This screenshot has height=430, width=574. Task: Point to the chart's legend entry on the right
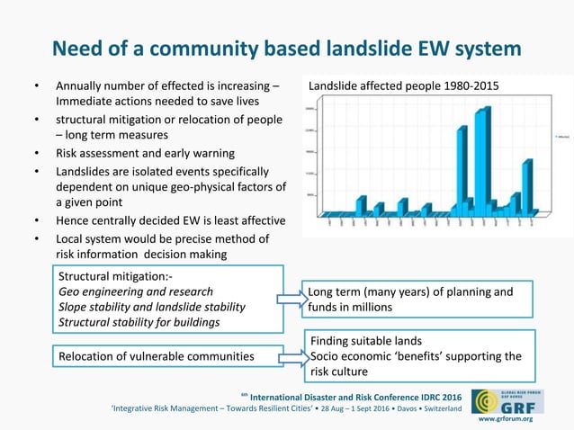[562, 137]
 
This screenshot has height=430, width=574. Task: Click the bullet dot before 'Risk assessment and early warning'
[37, 154]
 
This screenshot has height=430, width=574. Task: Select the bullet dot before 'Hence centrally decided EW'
[37, 220]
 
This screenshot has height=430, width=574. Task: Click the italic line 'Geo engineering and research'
[136, 291]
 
